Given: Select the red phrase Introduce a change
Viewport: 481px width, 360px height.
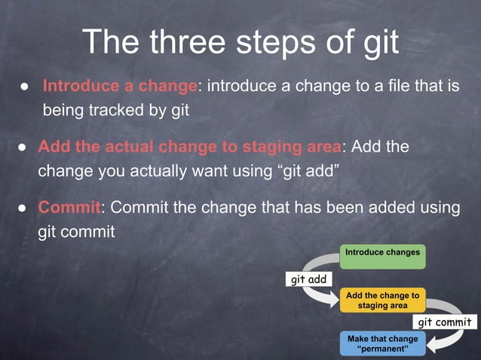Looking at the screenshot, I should click(x=120, y=87).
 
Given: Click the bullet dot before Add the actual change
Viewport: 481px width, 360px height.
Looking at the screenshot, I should click(x=23, y=147).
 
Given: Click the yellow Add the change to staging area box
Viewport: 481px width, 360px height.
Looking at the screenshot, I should click(x=382, y=301).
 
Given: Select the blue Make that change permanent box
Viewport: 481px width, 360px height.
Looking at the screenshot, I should click(x=382, y=343).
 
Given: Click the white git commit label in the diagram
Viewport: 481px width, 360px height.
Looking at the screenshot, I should click(x=445, y=322).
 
